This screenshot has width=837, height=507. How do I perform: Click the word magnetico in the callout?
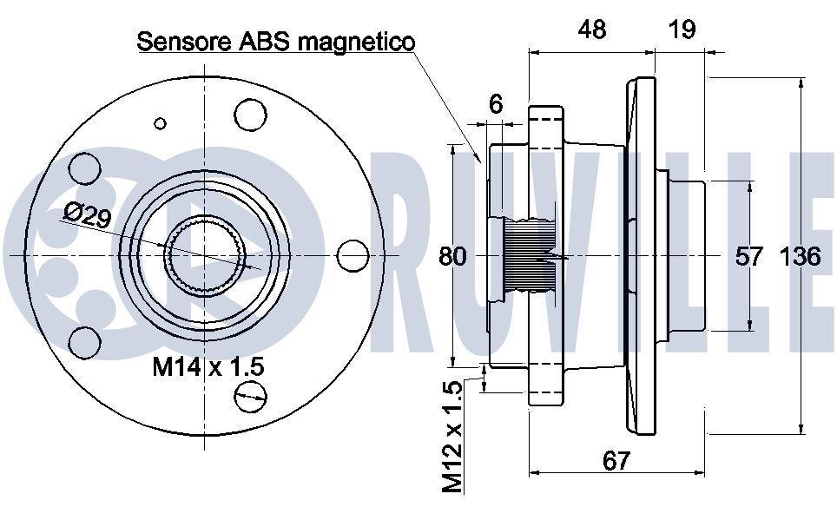tap(355, 43)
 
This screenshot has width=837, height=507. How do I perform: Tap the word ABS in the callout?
tap(262, 41)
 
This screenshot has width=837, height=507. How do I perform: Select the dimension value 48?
tap(591, 29)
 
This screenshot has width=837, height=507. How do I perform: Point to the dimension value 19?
tap(682, 29)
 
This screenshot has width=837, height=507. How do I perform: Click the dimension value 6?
tap(496, 104)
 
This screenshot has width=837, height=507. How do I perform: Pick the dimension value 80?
tap(452, 257)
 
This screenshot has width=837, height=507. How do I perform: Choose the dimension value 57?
tap(749, 257)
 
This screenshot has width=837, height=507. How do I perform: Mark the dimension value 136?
tap(800, 257)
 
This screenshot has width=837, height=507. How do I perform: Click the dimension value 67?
tap(616, 460)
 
